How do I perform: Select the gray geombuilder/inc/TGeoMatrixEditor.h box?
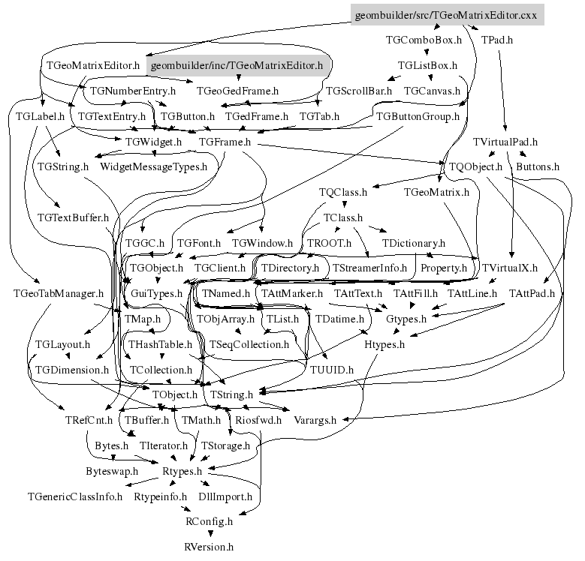point(237,66)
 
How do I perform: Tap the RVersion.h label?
point(209,547)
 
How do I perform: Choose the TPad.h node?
point(497,40)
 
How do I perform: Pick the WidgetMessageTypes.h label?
point(153,166)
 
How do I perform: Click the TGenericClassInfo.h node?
point(75,496)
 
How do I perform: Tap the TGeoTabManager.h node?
point(47,293)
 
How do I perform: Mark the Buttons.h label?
point(538,166)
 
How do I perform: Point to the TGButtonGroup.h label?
point(418,117)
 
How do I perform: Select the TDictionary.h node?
point(414,243)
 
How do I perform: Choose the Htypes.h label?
point(384,344)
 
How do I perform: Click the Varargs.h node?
point(315,420)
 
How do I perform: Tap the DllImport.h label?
point(225,496)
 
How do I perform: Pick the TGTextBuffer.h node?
point(73,217)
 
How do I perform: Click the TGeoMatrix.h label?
point(436,193)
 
